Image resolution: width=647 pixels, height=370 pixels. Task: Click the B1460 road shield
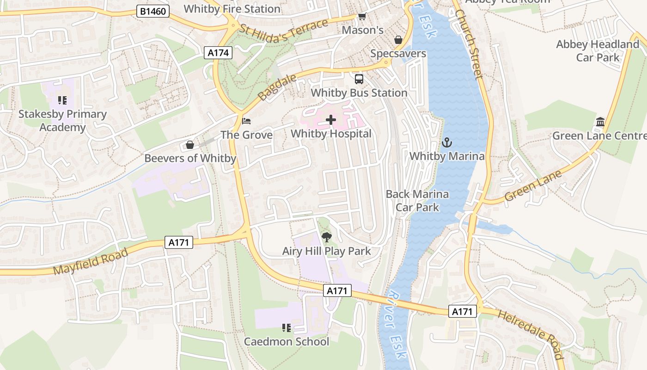pyautogui.click(x=153, y=11)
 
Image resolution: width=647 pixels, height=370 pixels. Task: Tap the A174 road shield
pyautogui.click(x=218, y=53)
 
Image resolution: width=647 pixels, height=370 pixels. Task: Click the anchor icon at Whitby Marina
pyautogui.click(x=446, y=142)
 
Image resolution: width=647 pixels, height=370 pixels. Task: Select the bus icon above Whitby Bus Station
pyautogui.click(x=359, y=79)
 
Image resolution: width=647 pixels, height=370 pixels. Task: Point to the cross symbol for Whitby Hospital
pyautogui.click(x=331, y=120)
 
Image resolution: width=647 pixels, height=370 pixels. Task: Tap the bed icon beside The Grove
pyautogui.click(x=247, y=121)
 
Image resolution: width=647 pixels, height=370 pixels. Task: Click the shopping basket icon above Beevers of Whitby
pyautogui.click(x=189, y=145)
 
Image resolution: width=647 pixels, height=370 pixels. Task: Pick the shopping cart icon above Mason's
pyautogui.click(x=362, y=17)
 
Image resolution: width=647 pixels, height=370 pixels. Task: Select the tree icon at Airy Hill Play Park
pyautogui.click(x=327, y=238)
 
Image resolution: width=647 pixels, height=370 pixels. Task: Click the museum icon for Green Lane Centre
pyautogui.click(x=600, y=122)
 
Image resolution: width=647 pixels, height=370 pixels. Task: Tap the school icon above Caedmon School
pyautogui.click(x=287, y=328)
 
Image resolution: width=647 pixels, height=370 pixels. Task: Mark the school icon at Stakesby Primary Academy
pyautogui.click(x=62, y=100)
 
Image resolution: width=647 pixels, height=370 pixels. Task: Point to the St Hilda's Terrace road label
pyautogui.click(x=283, y=31)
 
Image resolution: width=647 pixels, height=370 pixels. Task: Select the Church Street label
pyautogui.click(x=469, y=44)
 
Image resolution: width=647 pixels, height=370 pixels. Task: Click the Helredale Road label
pyautogui.click(x=531, y=333)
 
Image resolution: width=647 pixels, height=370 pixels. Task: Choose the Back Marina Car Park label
pyautogui.click(x=417, y=200)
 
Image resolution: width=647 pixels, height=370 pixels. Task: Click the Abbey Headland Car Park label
pyautogui.click(x=598, y=51)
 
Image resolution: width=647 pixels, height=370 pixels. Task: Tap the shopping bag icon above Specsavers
pyautogui.click(x=398, y=40)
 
